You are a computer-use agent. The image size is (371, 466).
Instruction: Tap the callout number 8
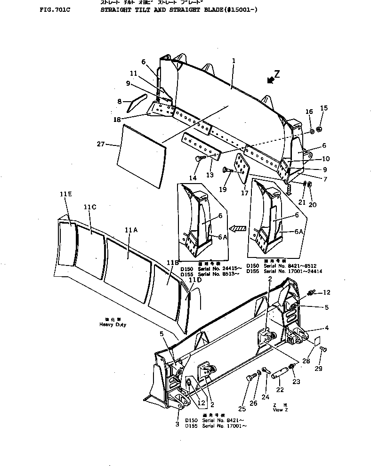pyautogui.click(x=119, y=101)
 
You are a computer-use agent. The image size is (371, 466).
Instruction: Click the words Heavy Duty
pyautogui.click(x=113, y=325)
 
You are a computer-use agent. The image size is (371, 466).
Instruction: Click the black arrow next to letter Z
pyautogui.click(x=270, y=80)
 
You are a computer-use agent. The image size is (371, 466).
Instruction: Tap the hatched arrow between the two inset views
pyautogui.click(x=240, y=228)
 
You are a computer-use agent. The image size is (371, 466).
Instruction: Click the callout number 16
pyautogui.click(x=309, y=112)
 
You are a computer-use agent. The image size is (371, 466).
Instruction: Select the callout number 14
pyautogui.click(x=193, y=178)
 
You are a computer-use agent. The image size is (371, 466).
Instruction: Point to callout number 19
pyautogui.click(x=223, y=190)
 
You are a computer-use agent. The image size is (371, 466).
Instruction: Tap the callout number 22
pyautogui.click(x=280, y=389)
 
